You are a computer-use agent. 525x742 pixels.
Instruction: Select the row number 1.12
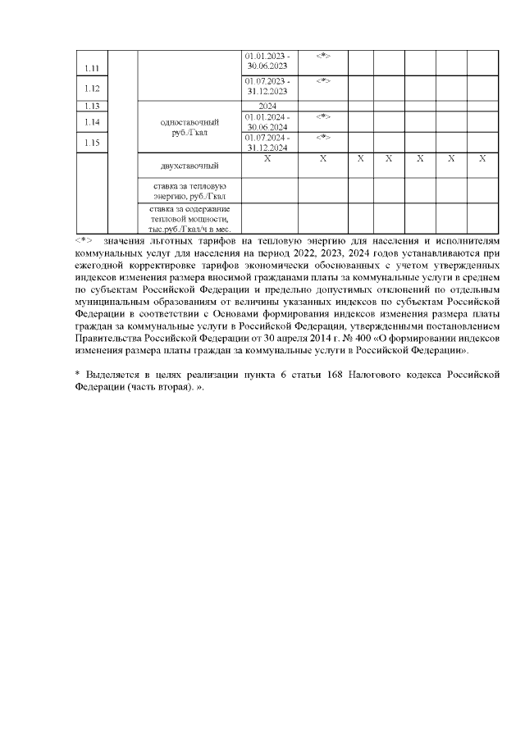pos(92,88)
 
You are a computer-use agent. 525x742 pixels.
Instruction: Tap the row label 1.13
pos(92,106)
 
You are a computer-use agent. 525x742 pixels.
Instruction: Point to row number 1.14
pos(92,122)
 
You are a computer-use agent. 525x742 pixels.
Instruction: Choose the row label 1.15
pos(92,143)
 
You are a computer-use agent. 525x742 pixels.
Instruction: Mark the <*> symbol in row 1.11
pos(322,56)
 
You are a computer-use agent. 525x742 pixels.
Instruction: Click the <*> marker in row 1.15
pos(322,137)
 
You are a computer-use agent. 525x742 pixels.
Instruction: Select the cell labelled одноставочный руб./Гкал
pos(189,127)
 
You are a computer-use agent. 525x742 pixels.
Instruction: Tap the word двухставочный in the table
pos(189,166)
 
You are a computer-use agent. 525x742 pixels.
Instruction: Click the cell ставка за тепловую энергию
pos(189,192)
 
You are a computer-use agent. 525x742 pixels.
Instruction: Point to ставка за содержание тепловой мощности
pos(189,220)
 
